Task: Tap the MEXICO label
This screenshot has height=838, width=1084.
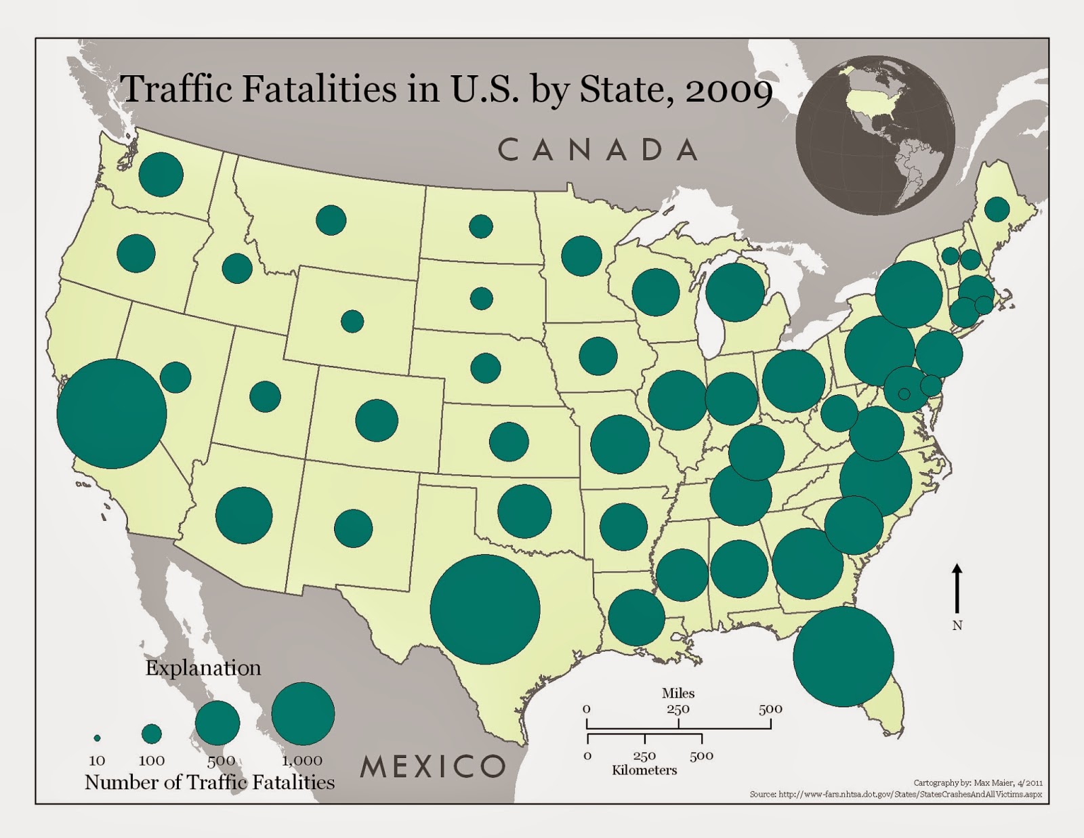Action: coord(433,766)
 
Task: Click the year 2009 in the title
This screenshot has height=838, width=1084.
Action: coord(729,89)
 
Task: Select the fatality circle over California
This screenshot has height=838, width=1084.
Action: coord(112,413)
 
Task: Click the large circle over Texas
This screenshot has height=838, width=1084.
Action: coord(485,609)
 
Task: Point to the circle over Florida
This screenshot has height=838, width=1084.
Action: coord(843,656)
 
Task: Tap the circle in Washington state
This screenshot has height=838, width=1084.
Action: coord(161,174)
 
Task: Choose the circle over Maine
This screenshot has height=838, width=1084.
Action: coord(997,209)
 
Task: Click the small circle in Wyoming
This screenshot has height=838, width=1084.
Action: coord(352,321)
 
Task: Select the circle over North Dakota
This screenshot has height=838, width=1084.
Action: coord(481,226)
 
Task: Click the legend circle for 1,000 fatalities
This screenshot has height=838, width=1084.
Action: coord(303,713)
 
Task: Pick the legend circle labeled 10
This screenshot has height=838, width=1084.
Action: coord(97,738)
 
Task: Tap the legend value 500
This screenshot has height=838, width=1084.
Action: coord(221,761)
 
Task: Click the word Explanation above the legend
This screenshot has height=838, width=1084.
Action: coord(203,668)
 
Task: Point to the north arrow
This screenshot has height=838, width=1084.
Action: coord(957,589)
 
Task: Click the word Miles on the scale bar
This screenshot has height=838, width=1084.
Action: coord(678,693)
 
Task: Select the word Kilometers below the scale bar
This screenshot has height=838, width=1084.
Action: coord(644,770)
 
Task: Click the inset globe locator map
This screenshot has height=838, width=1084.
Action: coord(875,135)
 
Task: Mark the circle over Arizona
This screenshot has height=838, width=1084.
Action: coord(244,515)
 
